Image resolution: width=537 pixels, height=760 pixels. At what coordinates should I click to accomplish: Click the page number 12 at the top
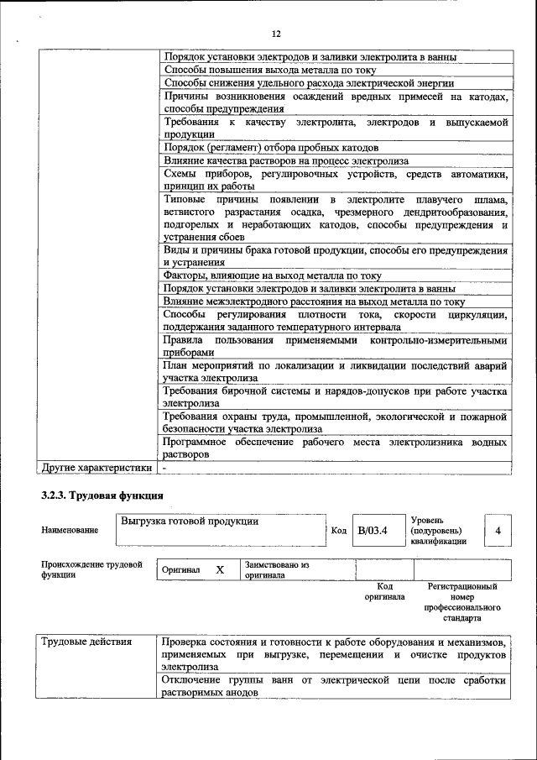click(276, 34)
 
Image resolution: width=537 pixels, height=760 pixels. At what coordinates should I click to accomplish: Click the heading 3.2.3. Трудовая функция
click(102, 495)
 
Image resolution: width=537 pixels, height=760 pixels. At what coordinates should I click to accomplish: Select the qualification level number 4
click(498, 531)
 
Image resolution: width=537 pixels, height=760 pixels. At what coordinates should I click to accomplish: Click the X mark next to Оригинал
click(220, 569)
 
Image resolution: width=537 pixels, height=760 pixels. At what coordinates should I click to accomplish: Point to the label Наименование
click(69, 530)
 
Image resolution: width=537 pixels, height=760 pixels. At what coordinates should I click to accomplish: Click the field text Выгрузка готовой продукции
click(189, 522)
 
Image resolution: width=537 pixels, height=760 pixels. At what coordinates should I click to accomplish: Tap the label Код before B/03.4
click(338, 531)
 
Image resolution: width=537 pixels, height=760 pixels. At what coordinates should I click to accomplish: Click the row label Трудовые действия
click(86, 642)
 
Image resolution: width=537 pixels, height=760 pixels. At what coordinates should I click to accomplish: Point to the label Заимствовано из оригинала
click(277, 570)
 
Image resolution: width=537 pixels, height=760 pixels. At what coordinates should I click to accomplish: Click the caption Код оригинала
click(384, 591)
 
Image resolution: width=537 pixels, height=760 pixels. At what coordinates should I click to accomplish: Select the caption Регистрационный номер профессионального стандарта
click(461, 602)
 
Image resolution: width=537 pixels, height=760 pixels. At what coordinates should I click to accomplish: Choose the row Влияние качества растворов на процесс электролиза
click(286, 160)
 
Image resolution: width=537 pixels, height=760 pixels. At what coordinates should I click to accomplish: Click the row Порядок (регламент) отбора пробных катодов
click(266, 147)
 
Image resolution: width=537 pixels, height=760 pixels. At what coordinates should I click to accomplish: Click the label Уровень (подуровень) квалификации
click(441, 531)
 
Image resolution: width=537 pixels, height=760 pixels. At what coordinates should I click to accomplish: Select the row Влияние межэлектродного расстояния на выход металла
click(314, 301)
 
